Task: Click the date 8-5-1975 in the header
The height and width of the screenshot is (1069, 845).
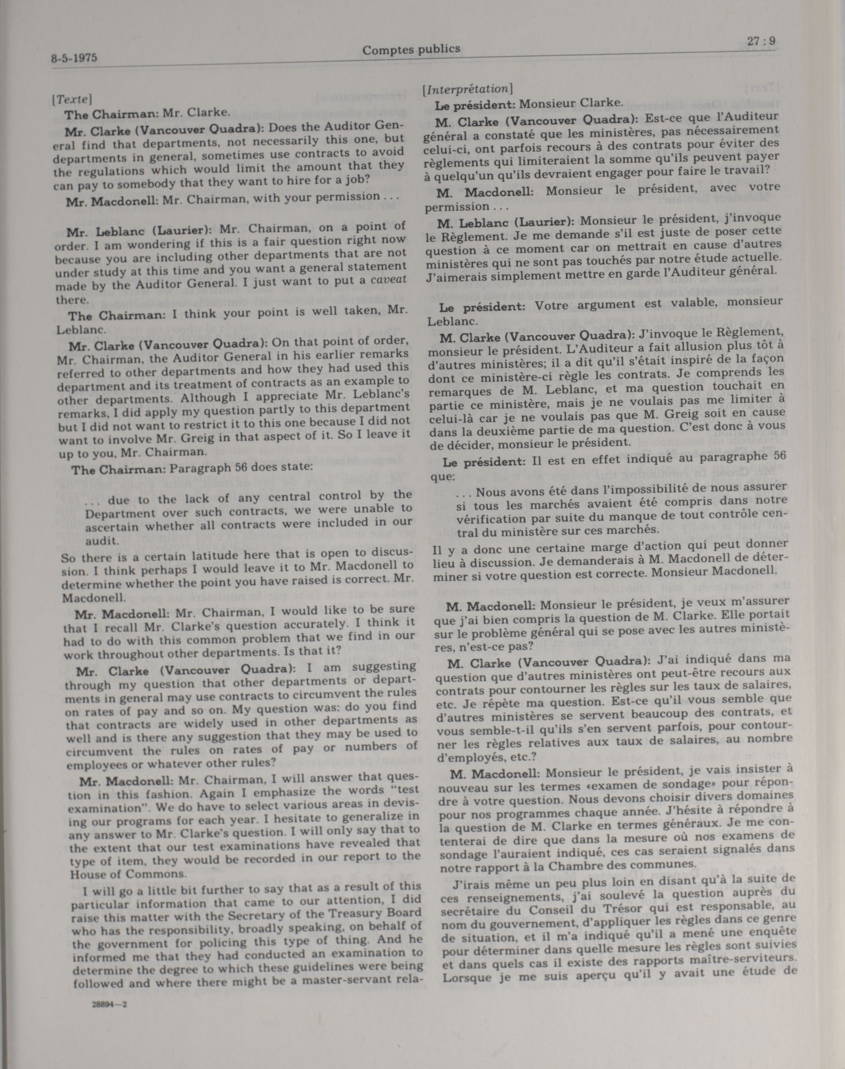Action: pyautogui.click(x=74, y=58)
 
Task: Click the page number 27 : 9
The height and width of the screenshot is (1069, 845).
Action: pyautogui.click(x=761, y=42)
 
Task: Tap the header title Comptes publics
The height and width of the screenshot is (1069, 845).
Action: pyautogui.click(x=411, y=49)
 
